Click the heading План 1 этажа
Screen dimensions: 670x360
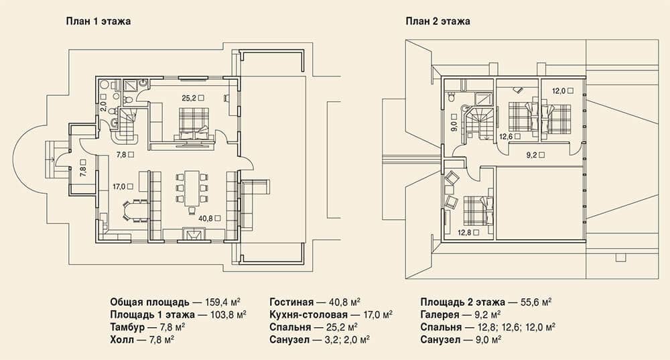[x=98, y=21]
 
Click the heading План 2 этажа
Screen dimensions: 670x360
[x=438, y=21]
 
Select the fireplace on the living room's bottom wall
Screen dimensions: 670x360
[x=194, y=235]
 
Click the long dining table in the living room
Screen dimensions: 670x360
[x=192, y=188]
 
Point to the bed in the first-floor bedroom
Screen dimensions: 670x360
[x=194, y=123]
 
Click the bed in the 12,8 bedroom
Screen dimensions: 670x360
[x=477, y=210]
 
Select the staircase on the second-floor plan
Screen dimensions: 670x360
[x=480, y=123]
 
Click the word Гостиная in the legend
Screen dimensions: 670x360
[x=291, y=303]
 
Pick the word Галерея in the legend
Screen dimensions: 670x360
[x=440, y=315]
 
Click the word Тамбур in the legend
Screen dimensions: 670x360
[x=127, y=328]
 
